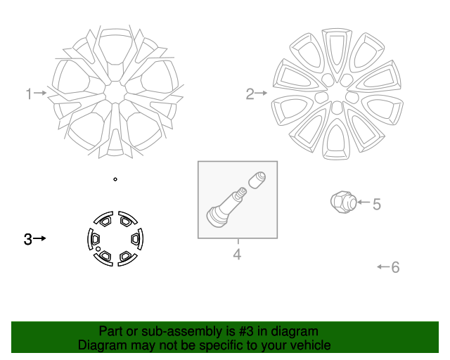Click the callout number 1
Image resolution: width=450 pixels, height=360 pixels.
(29, 94)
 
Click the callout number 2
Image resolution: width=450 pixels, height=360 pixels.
(250, 94)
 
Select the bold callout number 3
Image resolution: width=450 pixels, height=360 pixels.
(28, 239)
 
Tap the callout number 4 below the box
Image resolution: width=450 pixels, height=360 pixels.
(237, 255)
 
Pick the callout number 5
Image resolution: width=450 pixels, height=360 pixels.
(377, 205)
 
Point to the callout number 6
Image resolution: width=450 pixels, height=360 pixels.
(395, 267)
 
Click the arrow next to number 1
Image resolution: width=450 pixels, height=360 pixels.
(41, 93)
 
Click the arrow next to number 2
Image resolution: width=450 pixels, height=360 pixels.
(262, 93)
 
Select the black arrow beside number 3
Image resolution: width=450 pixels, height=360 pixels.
(40, 239)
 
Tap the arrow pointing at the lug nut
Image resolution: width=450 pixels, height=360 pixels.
(363, 202)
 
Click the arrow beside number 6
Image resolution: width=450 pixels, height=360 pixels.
(382, 266)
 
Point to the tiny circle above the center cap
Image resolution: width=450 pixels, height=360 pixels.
(115, 179)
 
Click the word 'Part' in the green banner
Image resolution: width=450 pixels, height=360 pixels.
(112, 331)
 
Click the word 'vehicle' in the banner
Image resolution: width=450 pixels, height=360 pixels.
(308, 345)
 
